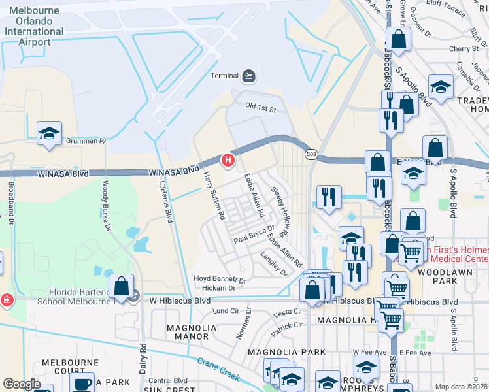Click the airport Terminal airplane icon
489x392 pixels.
coord(248,76)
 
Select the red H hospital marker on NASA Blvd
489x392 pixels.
coord(228,159)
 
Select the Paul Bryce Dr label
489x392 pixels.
coord(254,235)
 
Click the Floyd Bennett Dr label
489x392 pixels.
coord(219,280)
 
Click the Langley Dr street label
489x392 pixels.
coord(273,262)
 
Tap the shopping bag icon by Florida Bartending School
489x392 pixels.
coord(122,286)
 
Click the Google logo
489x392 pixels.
coord(21,384)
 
